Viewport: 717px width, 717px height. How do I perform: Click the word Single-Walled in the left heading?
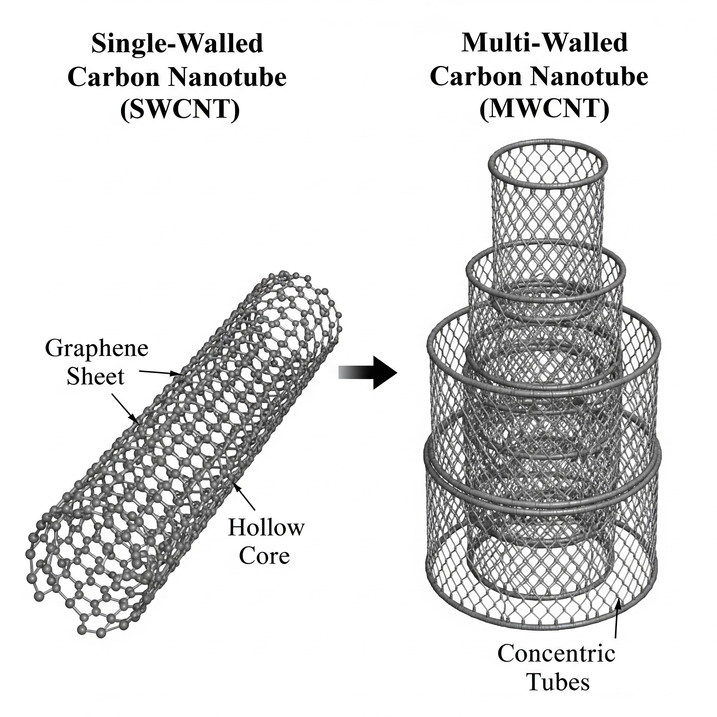tap(177, 44)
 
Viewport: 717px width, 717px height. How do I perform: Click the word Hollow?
tap(266, 528)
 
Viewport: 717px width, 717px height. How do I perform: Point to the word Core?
tap(264, 556)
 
